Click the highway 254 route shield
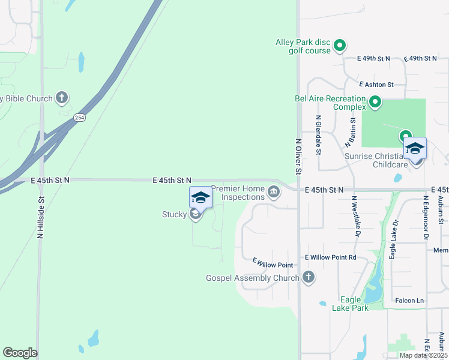(x=79, y=118)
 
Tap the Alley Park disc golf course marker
(x=339, y=45)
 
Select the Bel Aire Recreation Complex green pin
(x=375, y=102)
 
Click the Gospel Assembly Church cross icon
(x=308, y=277)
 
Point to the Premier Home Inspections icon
(x=274, y=192)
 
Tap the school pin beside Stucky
(x=200, y=198)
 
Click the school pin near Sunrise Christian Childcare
(x=415, y=148)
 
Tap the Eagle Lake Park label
(x=350, y=304)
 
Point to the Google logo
(x=20, y=353)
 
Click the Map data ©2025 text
(x=423, y=355)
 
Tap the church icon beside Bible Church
(x=61, y=97)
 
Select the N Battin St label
(x=351, y=133)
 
